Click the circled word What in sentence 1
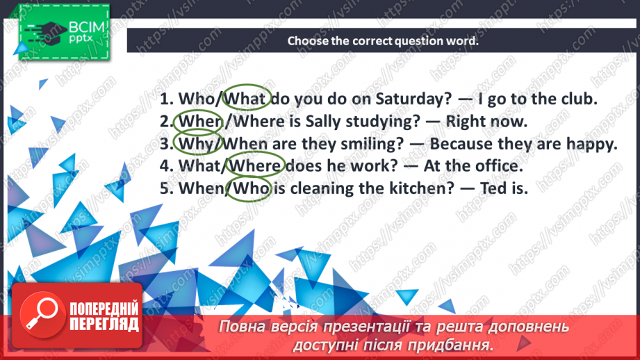coord(247,99)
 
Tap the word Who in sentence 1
coord(199,99)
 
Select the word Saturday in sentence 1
coord(388,99)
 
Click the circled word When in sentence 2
coord(199,122)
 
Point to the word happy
coord(593,145)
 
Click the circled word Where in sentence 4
coord(256,167)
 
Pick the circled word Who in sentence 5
coord(250,189)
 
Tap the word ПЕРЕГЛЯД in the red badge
coord(104,324)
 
